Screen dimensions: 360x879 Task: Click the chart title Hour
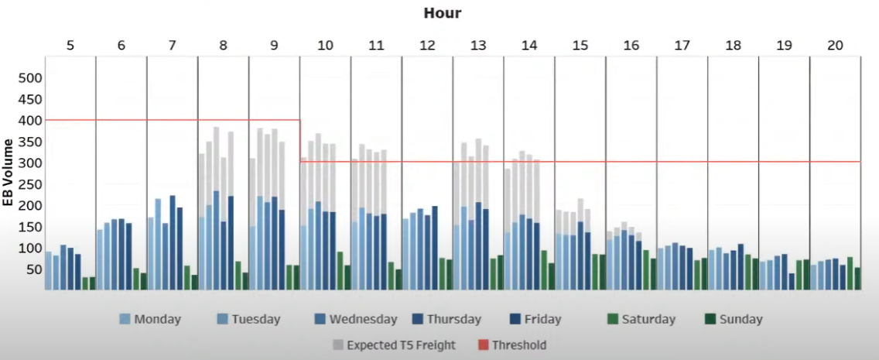443,13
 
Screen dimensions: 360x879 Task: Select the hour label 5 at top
70,45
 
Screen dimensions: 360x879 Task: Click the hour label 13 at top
478,45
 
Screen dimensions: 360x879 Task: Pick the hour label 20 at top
835,45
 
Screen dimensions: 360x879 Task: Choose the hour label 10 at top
325,45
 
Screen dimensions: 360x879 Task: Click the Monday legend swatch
125,319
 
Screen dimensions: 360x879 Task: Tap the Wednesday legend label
363,319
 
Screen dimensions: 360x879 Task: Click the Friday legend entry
537,319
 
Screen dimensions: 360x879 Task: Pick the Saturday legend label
648,319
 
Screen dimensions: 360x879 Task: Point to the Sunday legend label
740,319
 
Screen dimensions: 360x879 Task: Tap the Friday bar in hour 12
434,248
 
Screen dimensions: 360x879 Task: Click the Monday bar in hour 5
49,270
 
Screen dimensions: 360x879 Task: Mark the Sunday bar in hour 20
857,278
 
